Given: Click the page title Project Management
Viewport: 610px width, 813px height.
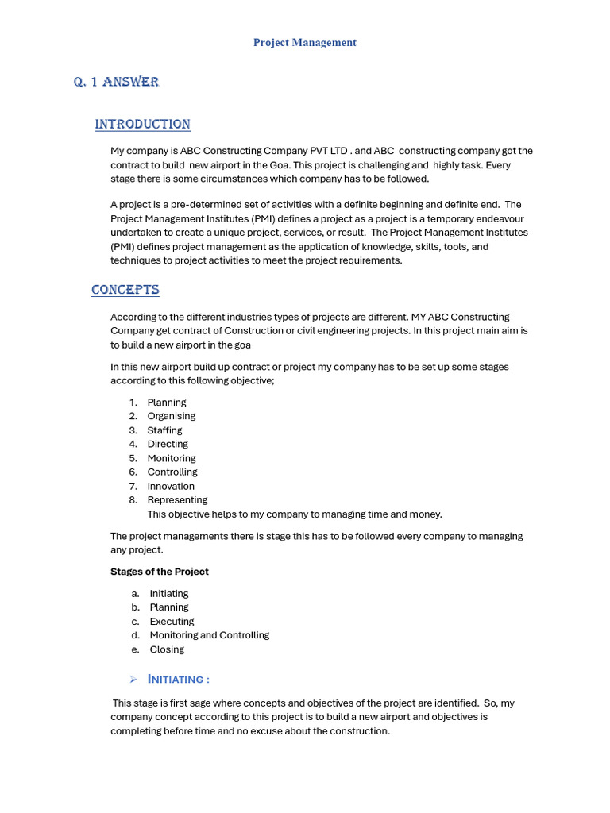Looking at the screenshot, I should pyautogui.click(x=304, y=43).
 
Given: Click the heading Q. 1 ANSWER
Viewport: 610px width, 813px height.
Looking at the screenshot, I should pyautogui.click(x=116, y=82).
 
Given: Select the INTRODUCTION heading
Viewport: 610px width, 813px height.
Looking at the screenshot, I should pyautogui.click(x=142, y=125).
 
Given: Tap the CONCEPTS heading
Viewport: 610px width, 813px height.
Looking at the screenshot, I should pyautogui.click(x=125, y=290).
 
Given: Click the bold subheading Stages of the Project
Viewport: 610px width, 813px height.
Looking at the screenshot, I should pyautogui.click(x=159, y=572).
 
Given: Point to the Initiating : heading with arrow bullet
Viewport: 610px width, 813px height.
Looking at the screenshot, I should pyautogui.click(x=179, y=679).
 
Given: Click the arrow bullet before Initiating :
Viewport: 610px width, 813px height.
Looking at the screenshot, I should pyautogui.click(x=133, y=679).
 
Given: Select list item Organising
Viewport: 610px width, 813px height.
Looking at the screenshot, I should pyautogui.click(x=171, y=416).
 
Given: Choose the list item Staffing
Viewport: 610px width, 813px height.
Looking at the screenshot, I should pyautogui.click(x=164, y=430).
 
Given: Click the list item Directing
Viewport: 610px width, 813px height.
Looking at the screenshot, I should pyautogui.click(x=168, y=444).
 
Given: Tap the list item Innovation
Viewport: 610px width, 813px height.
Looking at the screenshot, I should pyautogui.click(x=171, y=486).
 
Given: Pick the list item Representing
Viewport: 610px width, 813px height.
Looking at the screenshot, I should pyautogui.click(x=177, y=500).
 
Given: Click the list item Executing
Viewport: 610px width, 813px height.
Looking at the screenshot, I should pyautogui.click(x=172, y=622).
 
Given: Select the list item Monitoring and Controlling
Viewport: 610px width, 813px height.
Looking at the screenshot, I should pyautogui.click(x=209, y=635).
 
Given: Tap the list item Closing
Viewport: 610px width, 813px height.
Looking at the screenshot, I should pyautogui.click(x=167, y=649).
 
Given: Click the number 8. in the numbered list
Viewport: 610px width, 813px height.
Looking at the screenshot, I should pyautogui.click(x=133, y=500).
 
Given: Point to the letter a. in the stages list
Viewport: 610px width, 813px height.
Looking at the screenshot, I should pyautogui.click(x=136, y=594).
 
